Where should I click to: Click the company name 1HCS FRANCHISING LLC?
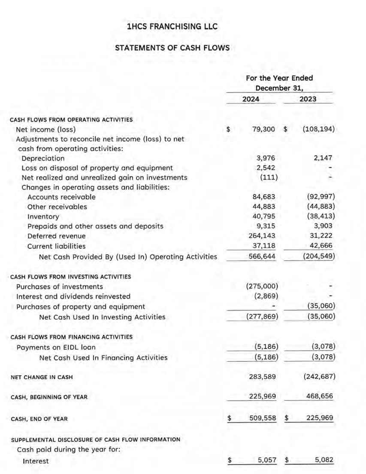[x=172, y=27]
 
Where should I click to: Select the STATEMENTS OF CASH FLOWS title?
[x=172, y=48]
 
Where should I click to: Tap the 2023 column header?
[x=308, y=99]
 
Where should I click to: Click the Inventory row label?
[x=43, y=217]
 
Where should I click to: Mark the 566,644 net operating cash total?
[x=262, y=257]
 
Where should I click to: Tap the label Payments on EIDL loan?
[x=56, y=347]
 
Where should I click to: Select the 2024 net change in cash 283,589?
[x=262, y=377]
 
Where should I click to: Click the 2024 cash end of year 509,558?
[x=262, y=417]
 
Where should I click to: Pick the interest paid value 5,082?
[x=324, y=460]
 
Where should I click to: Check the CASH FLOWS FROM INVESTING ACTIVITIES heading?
[x=70, y=276]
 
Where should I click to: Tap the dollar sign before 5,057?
[x=230, y=460]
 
